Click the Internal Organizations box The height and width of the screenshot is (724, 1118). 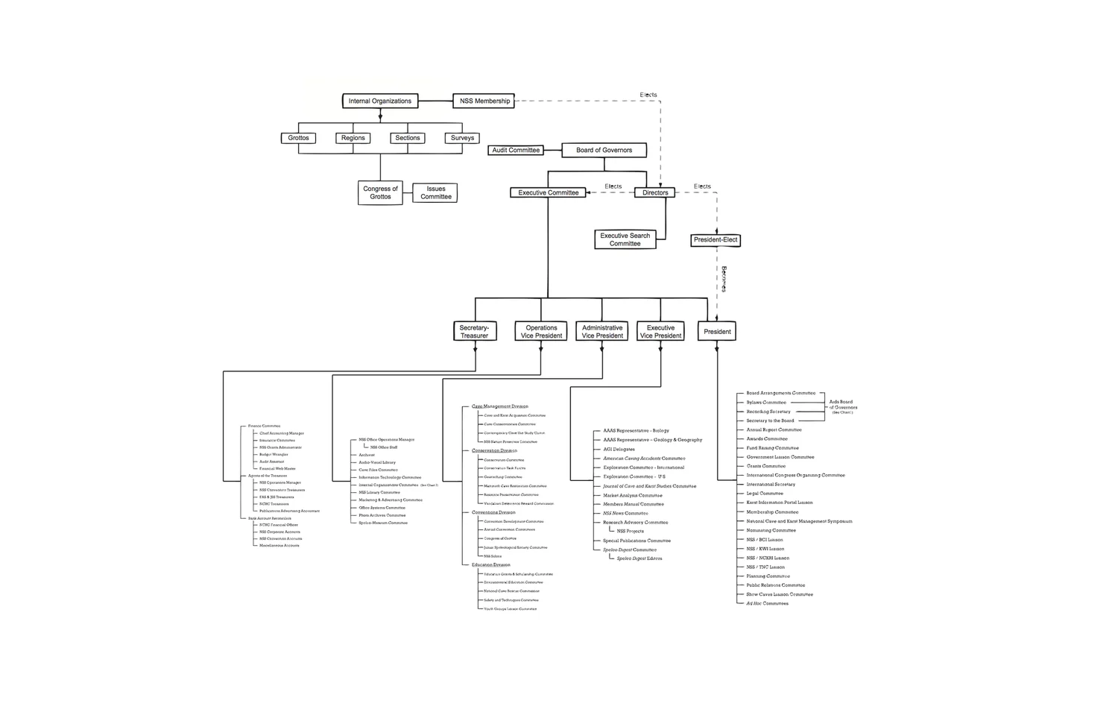(x=380, y=101)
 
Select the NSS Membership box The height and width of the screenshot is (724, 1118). (x=484, y=101)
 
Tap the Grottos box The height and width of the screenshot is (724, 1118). (x=298, y=138)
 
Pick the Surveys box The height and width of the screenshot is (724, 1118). (x=462, y=138)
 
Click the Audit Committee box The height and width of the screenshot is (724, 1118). (x=516, y=150)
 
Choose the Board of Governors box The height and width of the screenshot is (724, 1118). (x=604, y=150)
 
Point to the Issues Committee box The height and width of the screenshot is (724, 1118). (x=435, y=193)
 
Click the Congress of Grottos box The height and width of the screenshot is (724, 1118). (x=380, y=193)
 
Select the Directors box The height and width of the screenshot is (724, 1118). (x=655, y=192)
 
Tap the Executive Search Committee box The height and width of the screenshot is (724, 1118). (x=625, y=239)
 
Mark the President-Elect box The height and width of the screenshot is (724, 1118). (x=716, y=240)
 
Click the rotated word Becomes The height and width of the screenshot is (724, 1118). (x=724, y=279)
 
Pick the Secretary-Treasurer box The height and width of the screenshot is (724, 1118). (x=475, y=331)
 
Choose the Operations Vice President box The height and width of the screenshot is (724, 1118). (x=541, y=331)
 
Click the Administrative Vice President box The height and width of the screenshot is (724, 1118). (x=602, y=331)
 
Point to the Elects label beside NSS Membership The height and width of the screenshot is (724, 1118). (x=648, y=95)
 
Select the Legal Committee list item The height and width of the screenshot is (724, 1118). (x=765, y=494)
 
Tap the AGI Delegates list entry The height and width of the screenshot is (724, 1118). (x=619, y=450)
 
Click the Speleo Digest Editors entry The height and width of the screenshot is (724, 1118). (x=639, y=558)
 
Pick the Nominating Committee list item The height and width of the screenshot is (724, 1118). (x=771, y=530)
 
